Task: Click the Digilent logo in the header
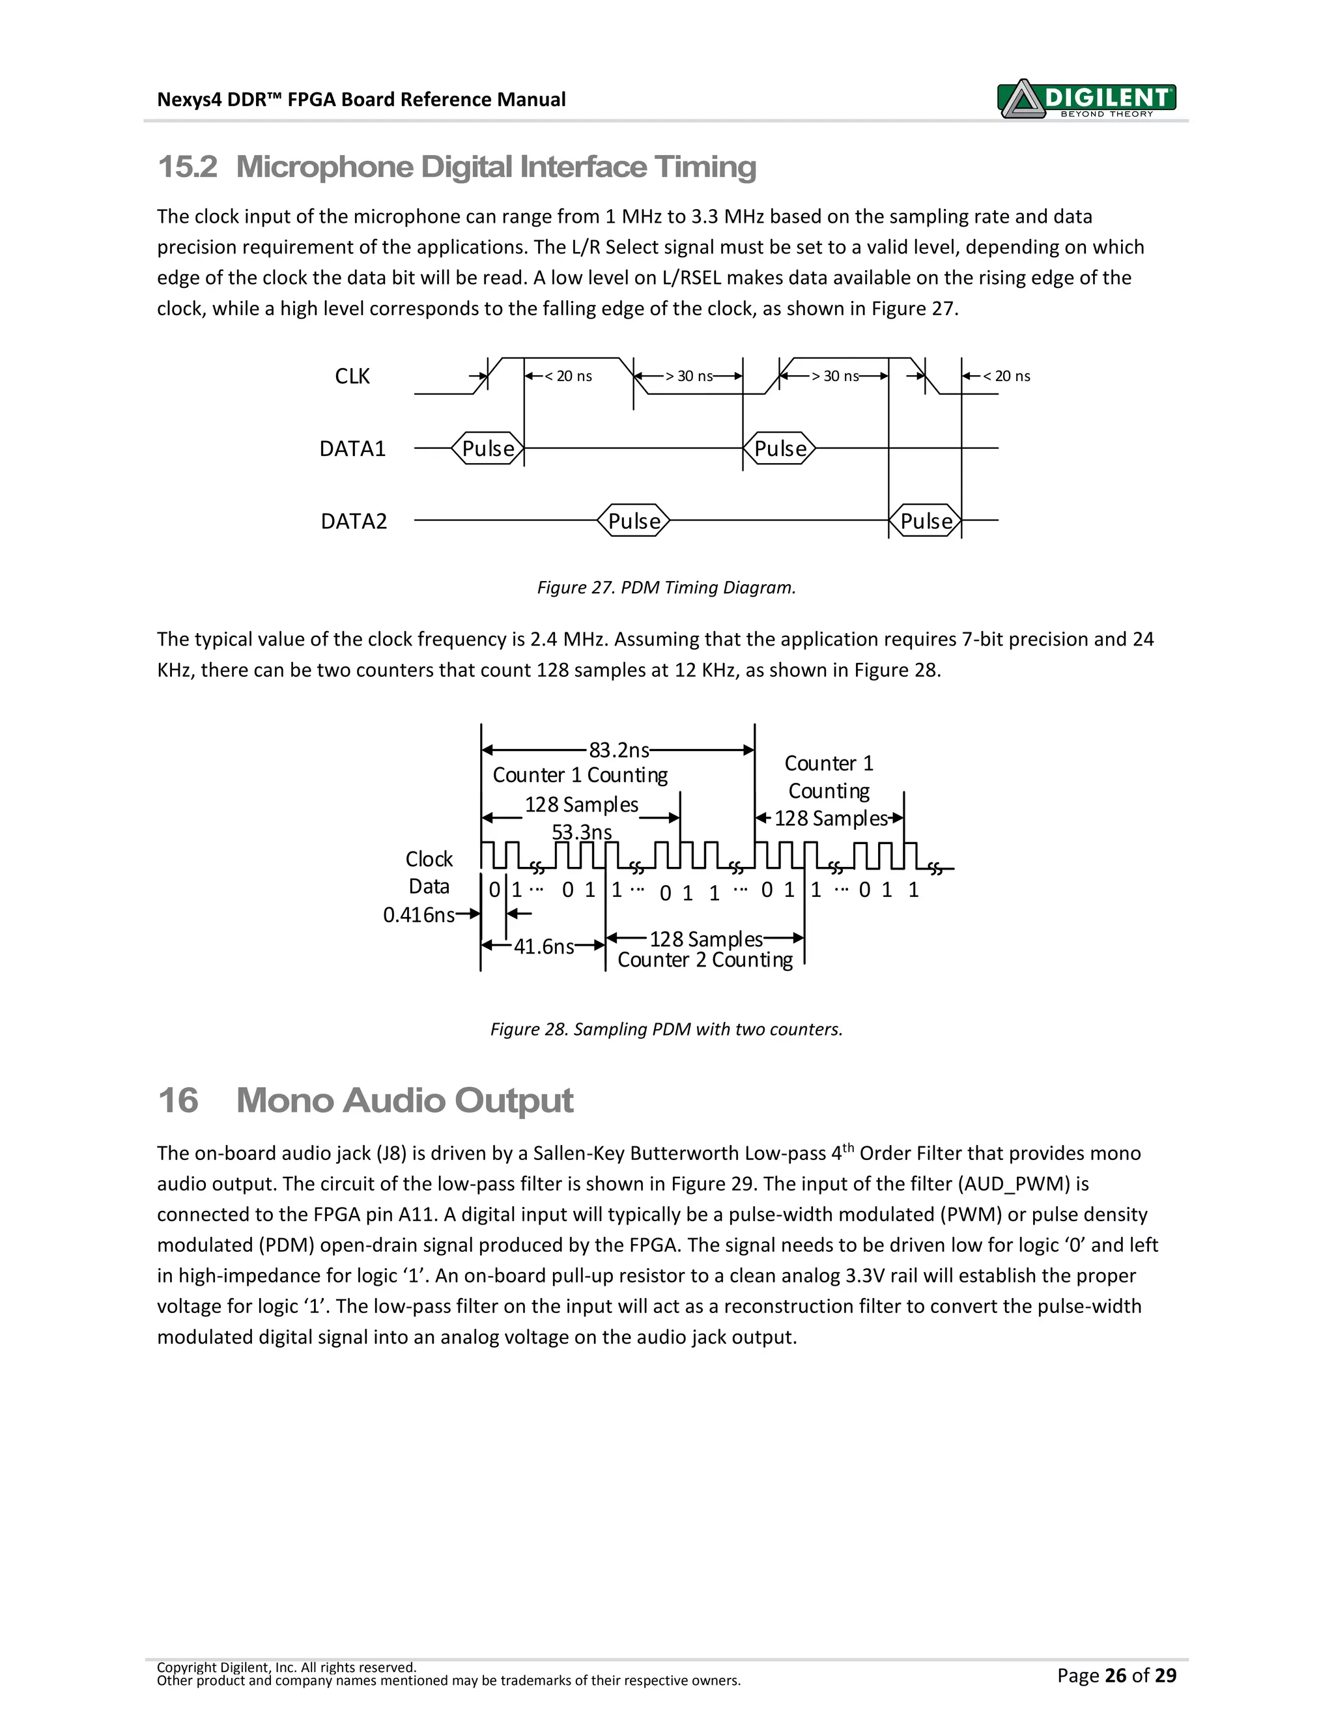tap(1087, 99)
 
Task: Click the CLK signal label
tap(352, 376)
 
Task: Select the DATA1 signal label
tap(352, 449)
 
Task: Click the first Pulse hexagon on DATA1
tap(488, 449)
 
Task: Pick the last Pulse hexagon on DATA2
tap(926, 522)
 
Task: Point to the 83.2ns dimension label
tap(619, 750)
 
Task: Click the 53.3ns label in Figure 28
tap(582, 832)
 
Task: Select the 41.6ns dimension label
tap(544, 947)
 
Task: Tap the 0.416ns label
tap(419, 915)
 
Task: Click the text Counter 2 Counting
tap(705, 960)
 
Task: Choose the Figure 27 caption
tap(666, 587)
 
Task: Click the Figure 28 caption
tap(666, 1029)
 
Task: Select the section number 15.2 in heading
tap(188, 167)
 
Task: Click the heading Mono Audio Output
tap(404, 1100)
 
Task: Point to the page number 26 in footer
tap(1115, 1675)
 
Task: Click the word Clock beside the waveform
tap(429, 859)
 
